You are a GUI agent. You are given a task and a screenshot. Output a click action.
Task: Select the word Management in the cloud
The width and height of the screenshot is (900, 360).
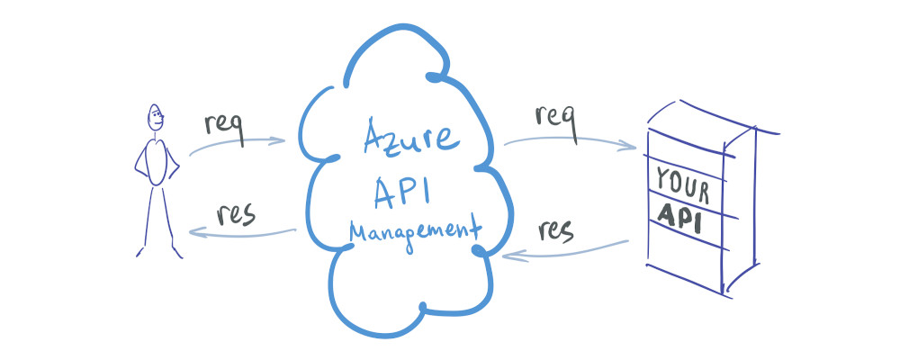(x=414, y=231)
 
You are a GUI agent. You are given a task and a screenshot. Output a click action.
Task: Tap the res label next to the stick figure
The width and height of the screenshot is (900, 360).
(x=236, y=214)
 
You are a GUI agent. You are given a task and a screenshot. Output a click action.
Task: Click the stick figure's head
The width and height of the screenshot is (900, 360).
(x=155, y=118)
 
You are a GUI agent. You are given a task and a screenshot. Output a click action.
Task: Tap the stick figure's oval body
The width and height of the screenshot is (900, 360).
(x=157, y=163)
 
